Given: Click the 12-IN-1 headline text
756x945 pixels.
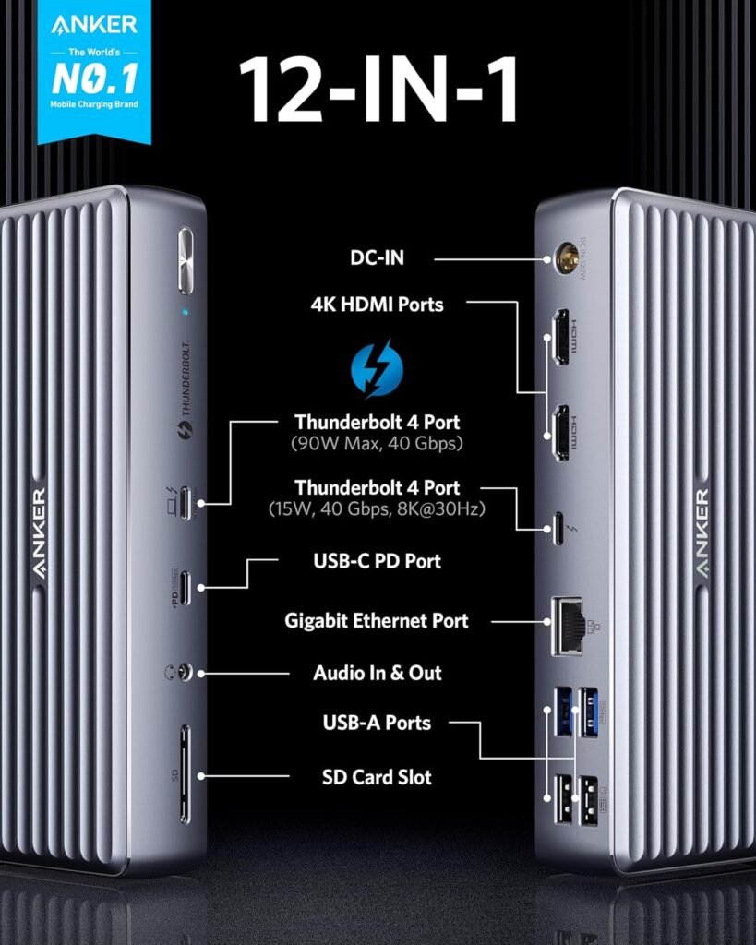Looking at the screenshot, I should click(378, 90).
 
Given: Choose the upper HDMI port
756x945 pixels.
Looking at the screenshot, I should click(559, 338).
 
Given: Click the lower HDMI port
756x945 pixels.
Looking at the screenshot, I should click(559, 433).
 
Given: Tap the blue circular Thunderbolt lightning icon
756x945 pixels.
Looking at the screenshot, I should click(377, 367).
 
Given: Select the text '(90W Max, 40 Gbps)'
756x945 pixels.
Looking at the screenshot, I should click(377, 445).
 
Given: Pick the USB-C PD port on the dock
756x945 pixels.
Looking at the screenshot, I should click(186, 587).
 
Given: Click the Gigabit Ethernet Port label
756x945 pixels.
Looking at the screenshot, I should click(377, 621).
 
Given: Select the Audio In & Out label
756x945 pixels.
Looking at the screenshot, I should click(377, 673).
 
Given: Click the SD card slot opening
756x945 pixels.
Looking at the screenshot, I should click(186, 773).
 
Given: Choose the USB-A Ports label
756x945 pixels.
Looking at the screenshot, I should click(377, 722).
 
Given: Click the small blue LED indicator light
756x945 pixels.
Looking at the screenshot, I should click(186, 312).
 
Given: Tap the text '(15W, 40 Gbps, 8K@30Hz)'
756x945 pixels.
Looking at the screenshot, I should click(377, 508).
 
